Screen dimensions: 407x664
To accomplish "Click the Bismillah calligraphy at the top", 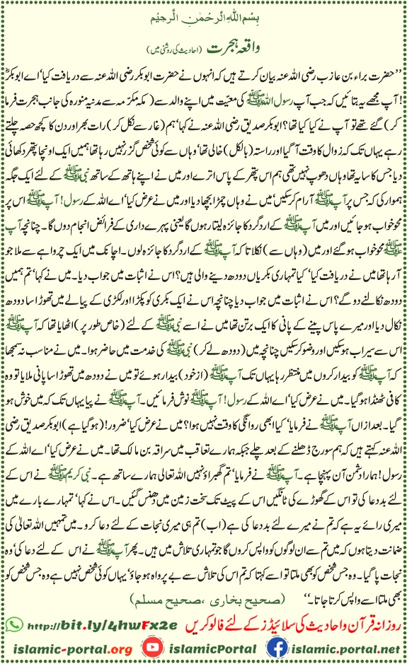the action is tap(204, 16).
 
